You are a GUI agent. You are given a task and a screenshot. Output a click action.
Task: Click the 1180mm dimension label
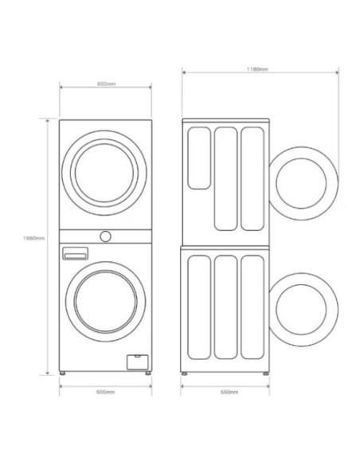pos(258,70)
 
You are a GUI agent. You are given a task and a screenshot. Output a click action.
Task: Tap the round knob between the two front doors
pos(105,236)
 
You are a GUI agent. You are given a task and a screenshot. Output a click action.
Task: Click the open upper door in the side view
pos(300,184)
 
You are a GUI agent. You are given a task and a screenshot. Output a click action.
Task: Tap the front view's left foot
pos(65,371)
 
